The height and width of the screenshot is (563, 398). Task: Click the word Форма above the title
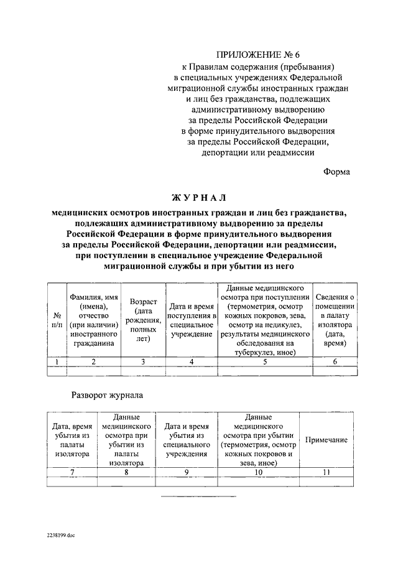(336, 172)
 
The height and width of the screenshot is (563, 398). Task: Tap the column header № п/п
(57, 320)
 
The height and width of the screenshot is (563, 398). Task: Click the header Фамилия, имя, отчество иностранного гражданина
(93, 320)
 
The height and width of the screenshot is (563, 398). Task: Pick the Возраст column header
(143, 320)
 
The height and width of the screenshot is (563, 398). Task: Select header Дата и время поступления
(192, 320)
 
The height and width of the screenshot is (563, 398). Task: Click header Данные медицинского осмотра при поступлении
(265, 320)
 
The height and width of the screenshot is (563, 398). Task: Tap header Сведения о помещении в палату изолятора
(335, 320)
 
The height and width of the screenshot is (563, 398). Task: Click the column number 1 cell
(57, 361)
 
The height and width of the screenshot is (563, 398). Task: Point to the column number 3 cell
(143, 361)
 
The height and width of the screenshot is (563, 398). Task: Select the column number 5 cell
(265, 361)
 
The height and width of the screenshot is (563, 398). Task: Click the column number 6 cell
(335, 361)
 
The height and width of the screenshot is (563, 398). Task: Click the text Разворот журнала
(108, 394)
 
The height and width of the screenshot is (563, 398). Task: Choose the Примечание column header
(326, 440)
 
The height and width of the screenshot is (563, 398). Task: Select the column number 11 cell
(326, 473)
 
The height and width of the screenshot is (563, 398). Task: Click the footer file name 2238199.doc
(60, 534)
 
